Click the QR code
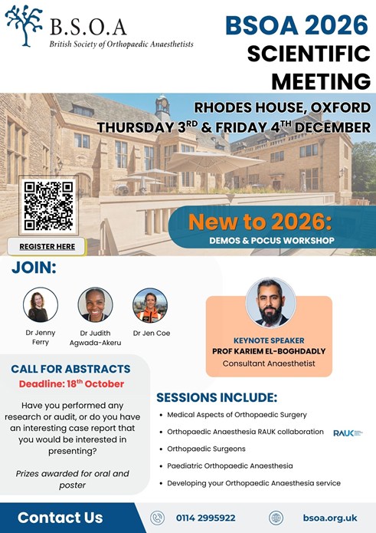(48, 206)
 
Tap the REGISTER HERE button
(47, 246)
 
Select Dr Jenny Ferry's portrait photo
(41, 305)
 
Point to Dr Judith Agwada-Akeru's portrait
(95, 305)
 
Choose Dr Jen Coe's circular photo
(150, 305)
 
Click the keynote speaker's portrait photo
(270, 302)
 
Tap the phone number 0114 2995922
(206, 518)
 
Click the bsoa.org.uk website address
(330, 518)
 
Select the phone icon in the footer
(157, 518)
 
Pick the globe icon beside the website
(276, 518)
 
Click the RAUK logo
(348, 433)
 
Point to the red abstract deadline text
(71, 383)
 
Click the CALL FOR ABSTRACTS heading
(70, 369)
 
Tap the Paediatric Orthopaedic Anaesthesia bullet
(230, 466)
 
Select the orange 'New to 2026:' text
(260, 222)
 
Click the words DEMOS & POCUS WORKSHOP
(272, 240)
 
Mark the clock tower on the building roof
(162, 107)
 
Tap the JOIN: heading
(34, 268)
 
